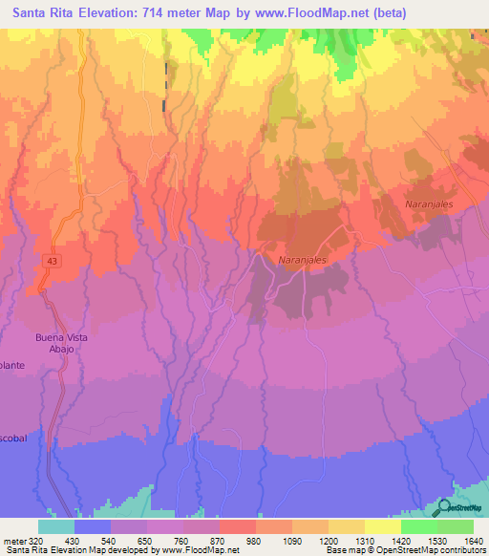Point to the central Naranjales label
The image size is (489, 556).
pos(303,260)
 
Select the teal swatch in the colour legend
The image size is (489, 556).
pos(55,526)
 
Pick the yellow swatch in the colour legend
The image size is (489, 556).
pos(382,526)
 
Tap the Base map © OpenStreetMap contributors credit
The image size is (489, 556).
pos(405,550)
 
